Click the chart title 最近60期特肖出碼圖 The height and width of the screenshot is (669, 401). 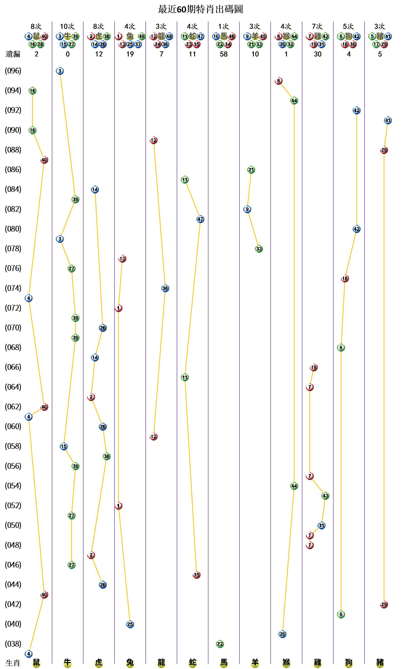200,10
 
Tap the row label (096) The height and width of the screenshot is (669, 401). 13,71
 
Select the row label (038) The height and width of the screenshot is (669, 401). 13,644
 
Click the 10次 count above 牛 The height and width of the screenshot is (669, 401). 67,27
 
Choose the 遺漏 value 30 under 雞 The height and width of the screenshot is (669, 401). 317,54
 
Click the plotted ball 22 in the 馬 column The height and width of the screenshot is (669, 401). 220,644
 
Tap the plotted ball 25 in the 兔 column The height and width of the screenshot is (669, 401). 130,624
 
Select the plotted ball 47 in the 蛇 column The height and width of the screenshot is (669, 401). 200,219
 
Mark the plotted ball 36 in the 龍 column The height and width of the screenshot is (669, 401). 165,288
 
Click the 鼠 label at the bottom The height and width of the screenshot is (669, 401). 36,662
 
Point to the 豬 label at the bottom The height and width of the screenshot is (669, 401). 380,662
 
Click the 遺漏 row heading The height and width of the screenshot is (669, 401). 13,54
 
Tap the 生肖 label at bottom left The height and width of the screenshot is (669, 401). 13,663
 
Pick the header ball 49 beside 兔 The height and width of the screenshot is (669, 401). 142,36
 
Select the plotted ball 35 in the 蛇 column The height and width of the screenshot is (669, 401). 196,575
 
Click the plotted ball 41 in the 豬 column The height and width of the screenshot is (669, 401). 388,120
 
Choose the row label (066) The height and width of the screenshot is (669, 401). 13,367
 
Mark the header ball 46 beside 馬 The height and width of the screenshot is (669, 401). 232,36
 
